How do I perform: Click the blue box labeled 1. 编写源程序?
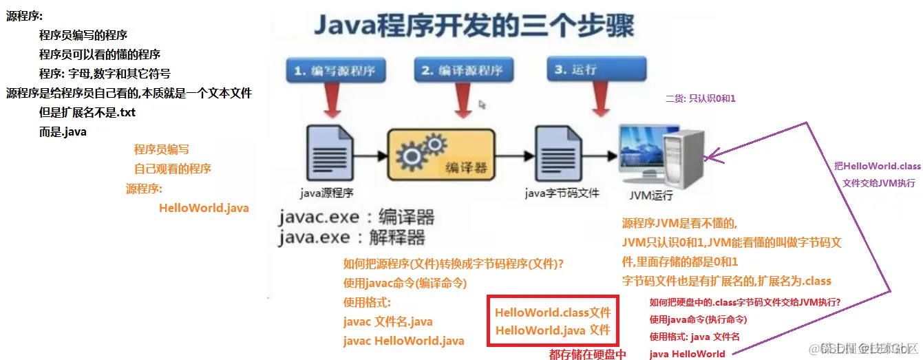(x=335, y=71)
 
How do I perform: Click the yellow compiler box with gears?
(x=442, y=156)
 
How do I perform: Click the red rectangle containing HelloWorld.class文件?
(x=553, y=321)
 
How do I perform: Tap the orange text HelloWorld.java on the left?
(x=204, y=208)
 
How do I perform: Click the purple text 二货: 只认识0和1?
(x=700, y=98)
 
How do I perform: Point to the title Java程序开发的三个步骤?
(x=474, y=28)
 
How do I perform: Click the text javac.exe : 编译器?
(x=357, y=218)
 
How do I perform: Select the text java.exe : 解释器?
(x=352, y=238)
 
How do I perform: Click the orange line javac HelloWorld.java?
(x=403, y=341)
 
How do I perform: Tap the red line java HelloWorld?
(x=687, y=354)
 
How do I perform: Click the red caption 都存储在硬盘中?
(x=587, y=354)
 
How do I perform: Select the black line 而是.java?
(x=63, y=131)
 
